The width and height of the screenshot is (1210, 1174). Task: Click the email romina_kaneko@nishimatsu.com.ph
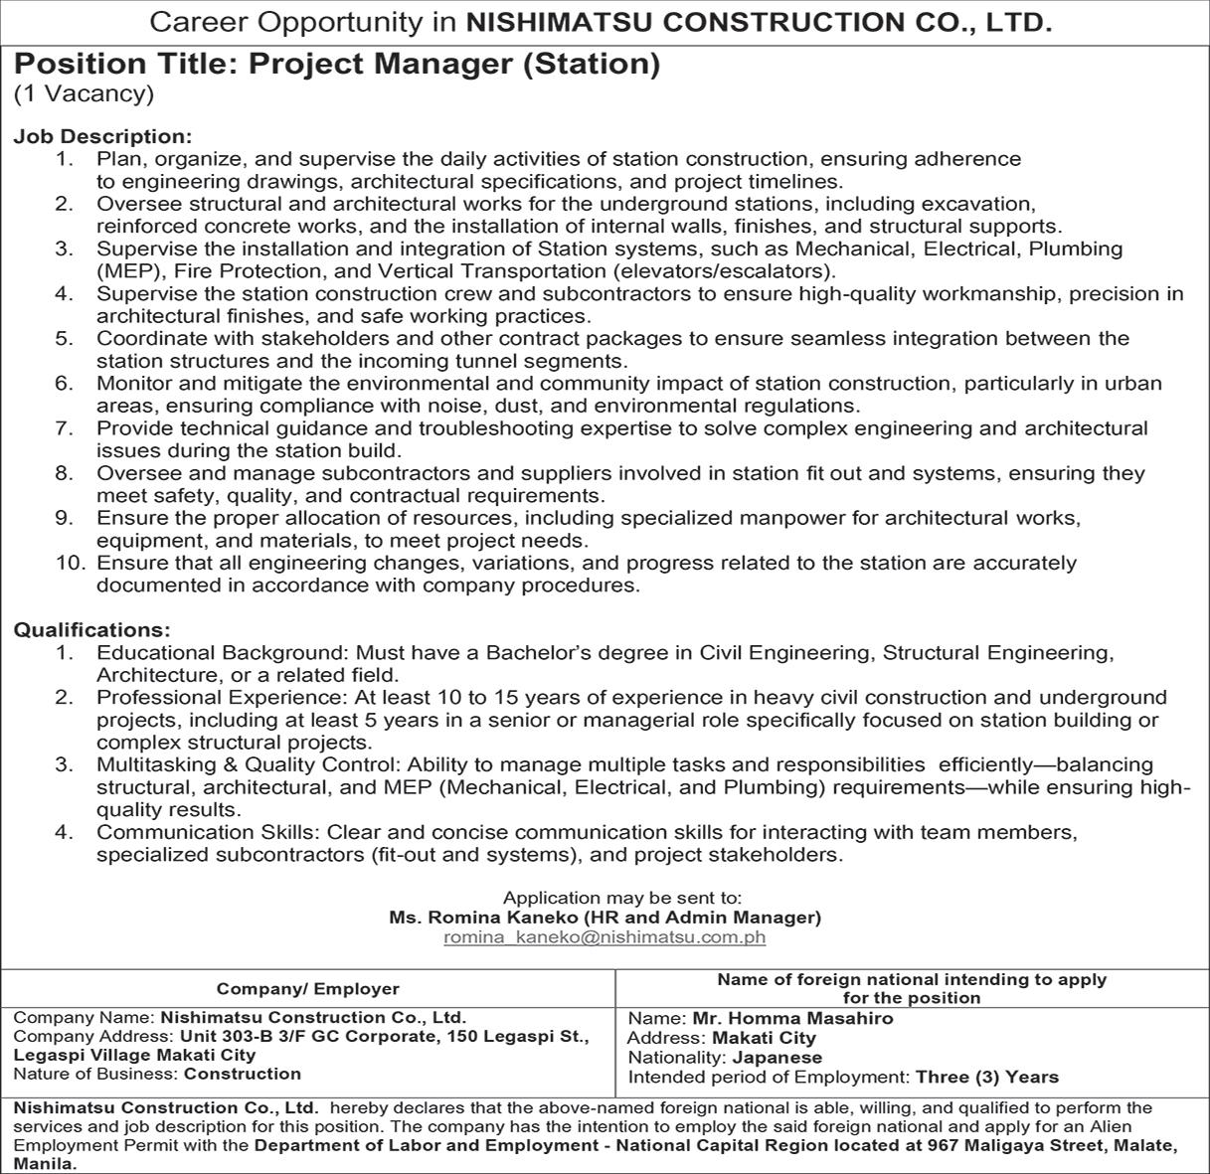click(605, 936)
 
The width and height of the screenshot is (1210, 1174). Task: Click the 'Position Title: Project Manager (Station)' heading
click(337, 65)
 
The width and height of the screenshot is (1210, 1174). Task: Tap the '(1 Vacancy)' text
click(84, 94)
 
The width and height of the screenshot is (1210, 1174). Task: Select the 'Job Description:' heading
click(102, 136)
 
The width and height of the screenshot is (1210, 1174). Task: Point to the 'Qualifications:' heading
click(91, 630)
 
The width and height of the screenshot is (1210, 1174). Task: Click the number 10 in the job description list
click(71, 563)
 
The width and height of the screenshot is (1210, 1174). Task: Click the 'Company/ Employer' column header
click(307, 989)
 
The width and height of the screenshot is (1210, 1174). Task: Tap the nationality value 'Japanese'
click(777, 1058)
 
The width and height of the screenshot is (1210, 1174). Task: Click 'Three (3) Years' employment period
click(987, 1077)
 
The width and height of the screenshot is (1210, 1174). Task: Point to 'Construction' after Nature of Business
click(243, 1074)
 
